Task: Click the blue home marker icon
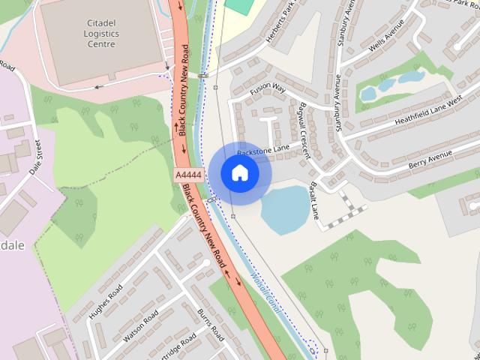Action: (240, 173)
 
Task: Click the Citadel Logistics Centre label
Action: (101, 34)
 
